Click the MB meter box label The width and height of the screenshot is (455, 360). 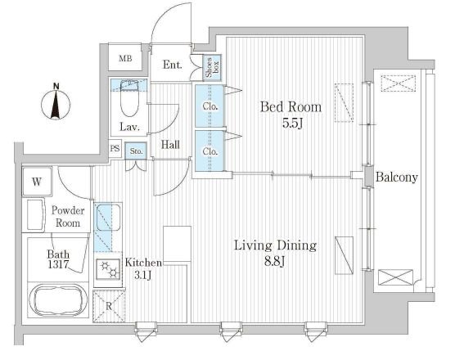pyautogui.click(x=125, y=59)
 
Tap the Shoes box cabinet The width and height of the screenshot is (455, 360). pyautogui.click(x=212, y=68)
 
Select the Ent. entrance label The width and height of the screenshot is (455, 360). pyautogui.click(x=173, y=65)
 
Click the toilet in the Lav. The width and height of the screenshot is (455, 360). pyautogui.click(x=129, y=99)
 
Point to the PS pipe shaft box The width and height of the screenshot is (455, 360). pyautogui.click(x=115, y=149)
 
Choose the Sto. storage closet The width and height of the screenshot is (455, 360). pyautogui.click(x=136, y=151)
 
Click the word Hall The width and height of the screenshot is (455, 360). pyautogui.click(x=170, y=145)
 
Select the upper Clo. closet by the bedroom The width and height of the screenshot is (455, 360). pyautogui.click(x=209, y=106)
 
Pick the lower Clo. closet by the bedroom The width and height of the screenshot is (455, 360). pyautogui.click(x=209, y=151)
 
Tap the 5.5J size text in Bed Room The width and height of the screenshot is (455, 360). pyautogui.click(x=292, y=124)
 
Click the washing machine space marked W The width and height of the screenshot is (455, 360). pyautogui.click(x=37, y=182)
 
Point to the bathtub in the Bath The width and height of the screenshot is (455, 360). pyautogui.click(x=58, y=300)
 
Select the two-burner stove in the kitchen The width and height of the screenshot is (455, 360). pyautogui.click(x=108, y=269)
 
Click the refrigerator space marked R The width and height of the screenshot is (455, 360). pyautogui.click(x=109, y=306)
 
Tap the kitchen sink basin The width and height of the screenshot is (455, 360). pyautogui.click(x=108, y=218)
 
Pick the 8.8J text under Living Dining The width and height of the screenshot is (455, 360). pyautogui.click(x=274, y=262)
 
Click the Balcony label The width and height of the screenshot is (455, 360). pyautogui.click(x=397, y=178)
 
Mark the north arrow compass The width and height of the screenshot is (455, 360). pyautogui.click(x=56, y=102)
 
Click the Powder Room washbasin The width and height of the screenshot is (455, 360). pyautogui.click(x=34, y=215)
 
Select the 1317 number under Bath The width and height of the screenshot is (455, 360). pyautogui.click(x=59, y=264)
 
